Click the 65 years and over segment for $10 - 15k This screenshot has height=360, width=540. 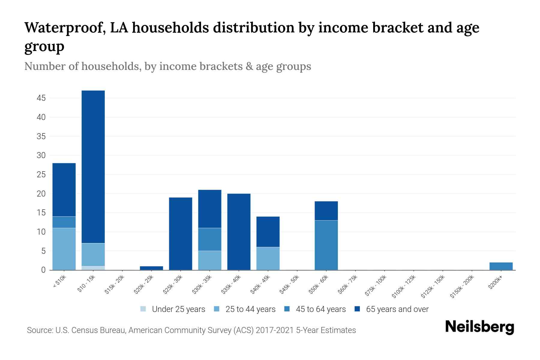pyautogui.click(x=93, y=166)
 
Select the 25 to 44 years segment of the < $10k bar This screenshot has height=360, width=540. pyautogui.click(x=64, y=249)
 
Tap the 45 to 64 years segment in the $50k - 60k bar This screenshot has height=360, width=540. pyautogui.click(x=326, y=245)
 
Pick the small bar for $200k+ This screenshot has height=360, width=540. pyautogui.click(x=501, y=266)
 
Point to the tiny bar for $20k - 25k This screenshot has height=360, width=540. pyautogui.click(x=151, y=268)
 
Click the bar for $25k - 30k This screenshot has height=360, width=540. pyautogui.click(x=180, y=234)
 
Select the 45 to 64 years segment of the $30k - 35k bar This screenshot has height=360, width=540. pyautogui.click(x=210, y=239)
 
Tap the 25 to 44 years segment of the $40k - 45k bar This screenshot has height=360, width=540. pyautogui.click(x=268, y=258)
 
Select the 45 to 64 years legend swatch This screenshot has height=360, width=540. pyautogui.click(x=287, y=309)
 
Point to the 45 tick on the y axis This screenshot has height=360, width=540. pyautogui.click(x=41, y=98)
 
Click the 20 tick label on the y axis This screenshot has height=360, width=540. pyautogui.click(x=41, y=194)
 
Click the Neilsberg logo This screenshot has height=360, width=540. pyautogui.click(x=479, y=327)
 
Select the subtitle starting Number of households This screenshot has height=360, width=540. pyautogui.click(x=167, y=66)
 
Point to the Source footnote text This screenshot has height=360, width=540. pyautogui.click(x=191, y=330)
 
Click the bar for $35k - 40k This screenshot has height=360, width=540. pyautogui.click(x=239, y=232)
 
